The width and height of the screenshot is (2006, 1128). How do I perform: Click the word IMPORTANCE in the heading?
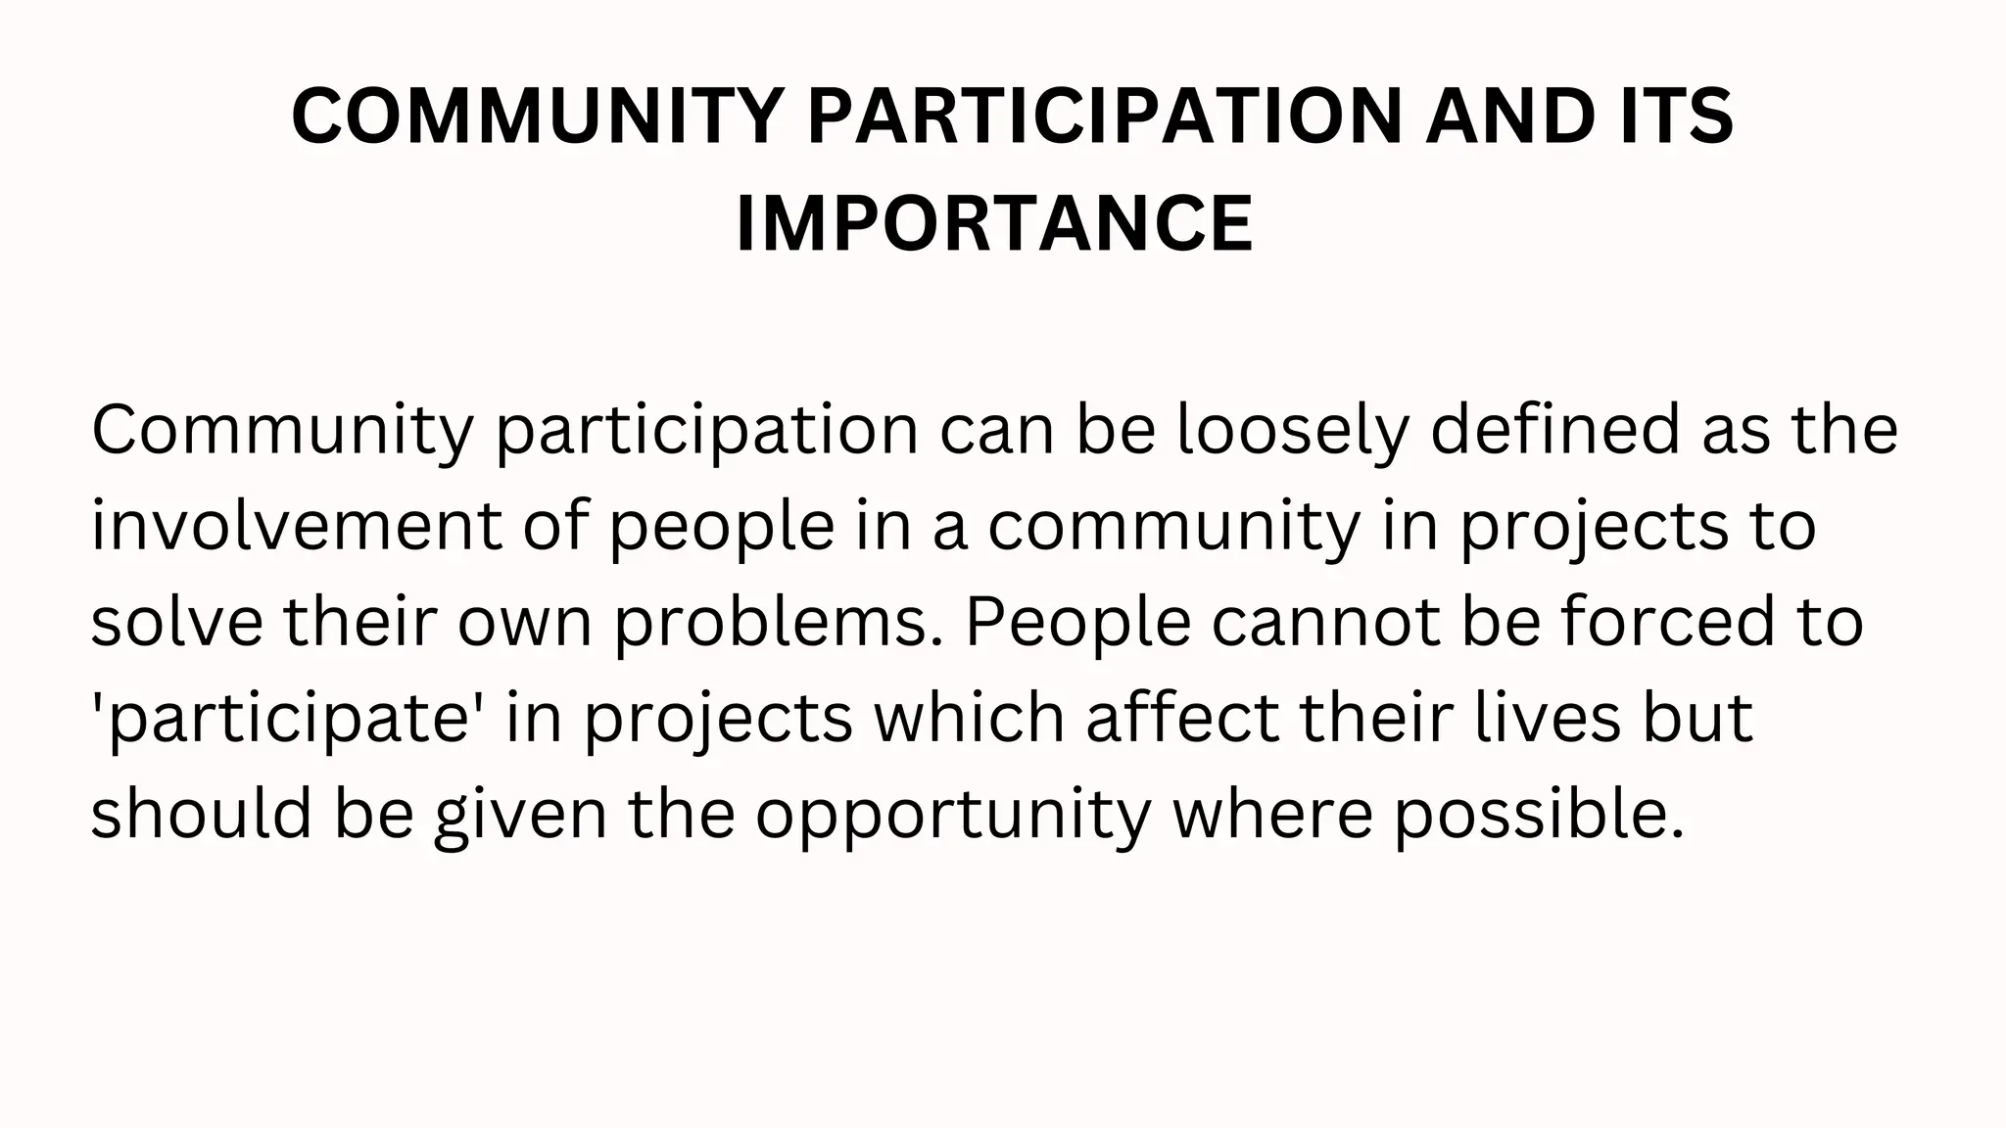click(994, 224)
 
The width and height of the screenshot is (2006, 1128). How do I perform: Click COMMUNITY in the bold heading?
click(539, 117)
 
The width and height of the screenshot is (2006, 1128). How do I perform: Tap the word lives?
click(1548, 718)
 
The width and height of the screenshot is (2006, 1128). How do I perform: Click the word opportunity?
click(952, 816)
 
